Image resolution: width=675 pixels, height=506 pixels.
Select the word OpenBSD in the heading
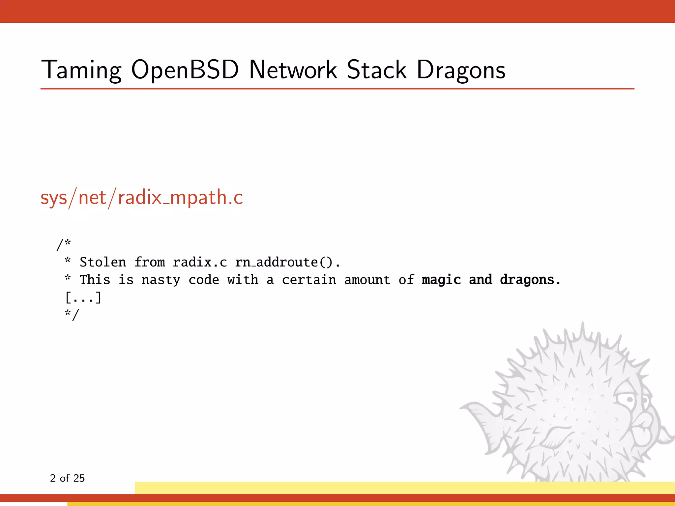185,70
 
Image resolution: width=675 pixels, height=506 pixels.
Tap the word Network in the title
293,70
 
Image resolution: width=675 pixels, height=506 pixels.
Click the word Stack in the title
377,70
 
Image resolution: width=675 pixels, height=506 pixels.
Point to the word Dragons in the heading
461,70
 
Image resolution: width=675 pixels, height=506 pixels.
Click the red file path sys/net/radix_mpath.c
142,198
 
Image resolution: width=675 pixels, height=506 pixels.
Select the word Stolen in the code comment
103,262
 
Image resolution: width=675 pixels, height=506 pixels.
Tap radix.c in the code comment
200,262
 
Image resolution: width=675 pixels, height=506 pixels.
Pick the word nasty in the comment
161,280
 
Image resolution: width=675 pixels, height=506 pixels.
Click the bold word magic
441,280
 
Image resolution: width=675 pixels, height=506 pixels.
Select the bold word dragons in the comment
527,280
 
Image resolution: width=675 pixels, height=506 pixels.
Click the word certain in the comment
309,280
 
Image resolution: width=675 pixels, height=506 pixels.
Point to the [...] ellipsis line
83,297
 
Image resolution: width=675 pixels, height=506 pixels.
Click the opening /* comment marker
64,244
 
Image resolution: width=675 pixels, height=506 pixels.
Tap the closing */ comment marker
72,315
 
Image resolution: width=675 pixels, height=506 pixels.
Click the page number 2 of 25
67,478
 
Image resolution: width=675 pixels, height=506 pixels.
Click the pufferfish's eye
630,400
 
